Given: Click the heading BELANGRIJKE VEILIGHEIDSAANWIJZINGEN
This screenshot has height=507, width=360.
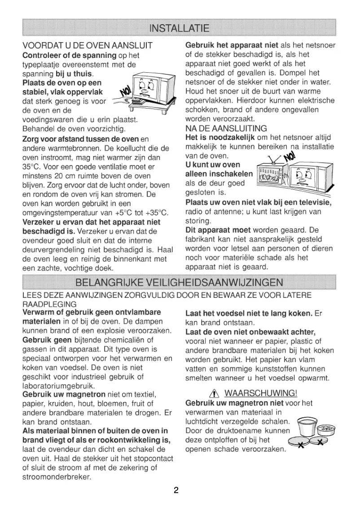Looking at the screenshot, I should [180, 282].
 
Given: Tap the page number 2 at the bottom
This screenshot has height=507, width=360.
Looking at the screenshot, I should [176, 490].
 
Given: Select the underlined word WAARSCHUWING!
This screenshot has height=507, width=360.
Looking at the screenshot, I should [260, 394].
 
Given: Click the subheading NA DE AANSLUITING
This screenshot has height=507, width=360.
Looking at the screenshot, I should [226, 128].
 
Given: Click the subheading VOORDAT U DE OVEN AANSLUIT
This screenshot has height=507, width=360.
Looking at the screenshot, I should [88, 46].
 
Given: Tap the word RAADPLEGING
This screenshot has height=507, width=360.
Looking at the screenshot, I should [49, 304].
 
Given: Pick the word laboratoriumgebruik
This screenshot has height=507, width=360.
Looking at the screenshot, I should [58, 385].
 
